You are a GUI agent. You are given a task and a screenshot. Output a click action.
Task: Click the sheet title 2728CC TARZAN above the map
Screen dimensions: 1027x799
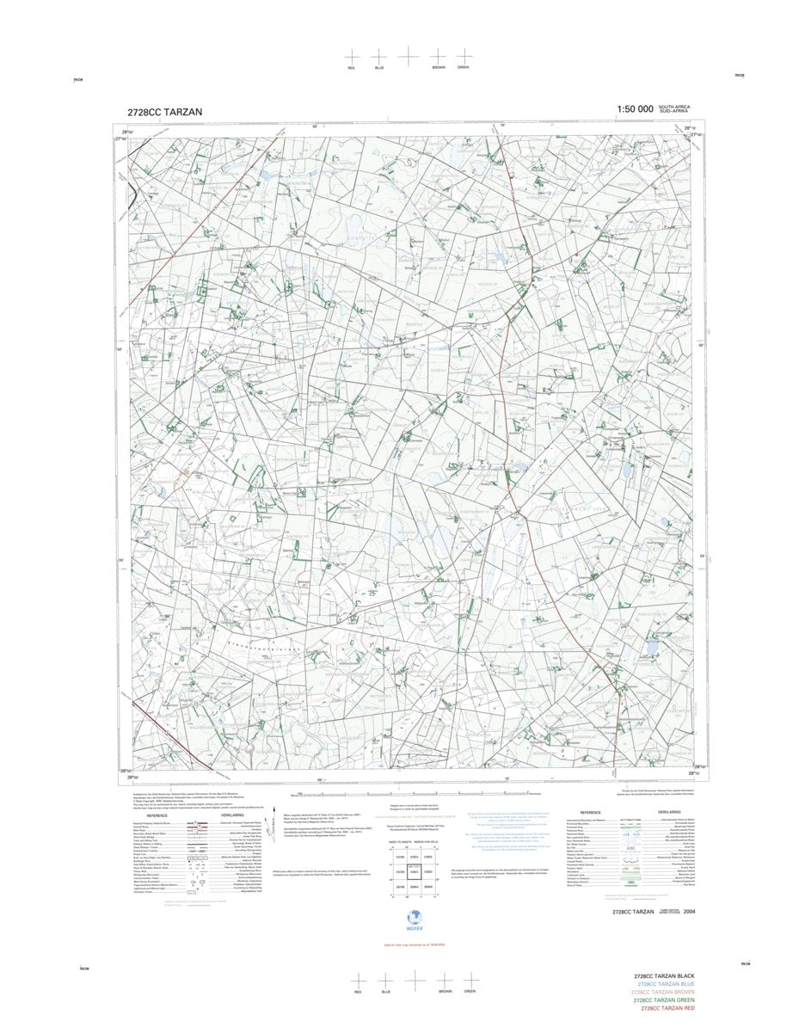click(x=164, y=112)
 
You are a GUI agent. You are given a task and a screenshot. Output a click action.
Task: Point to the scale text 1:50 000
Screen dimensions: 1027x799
click(x=635, y=109)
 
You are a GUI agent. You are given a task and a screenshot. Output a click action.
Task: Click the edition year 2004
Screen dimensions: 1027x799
click(x=690, y=911)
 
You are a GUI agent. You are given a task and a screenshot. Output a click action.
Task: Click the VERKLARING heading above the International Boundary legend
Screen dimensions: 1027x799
click(x=669, y=812)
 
